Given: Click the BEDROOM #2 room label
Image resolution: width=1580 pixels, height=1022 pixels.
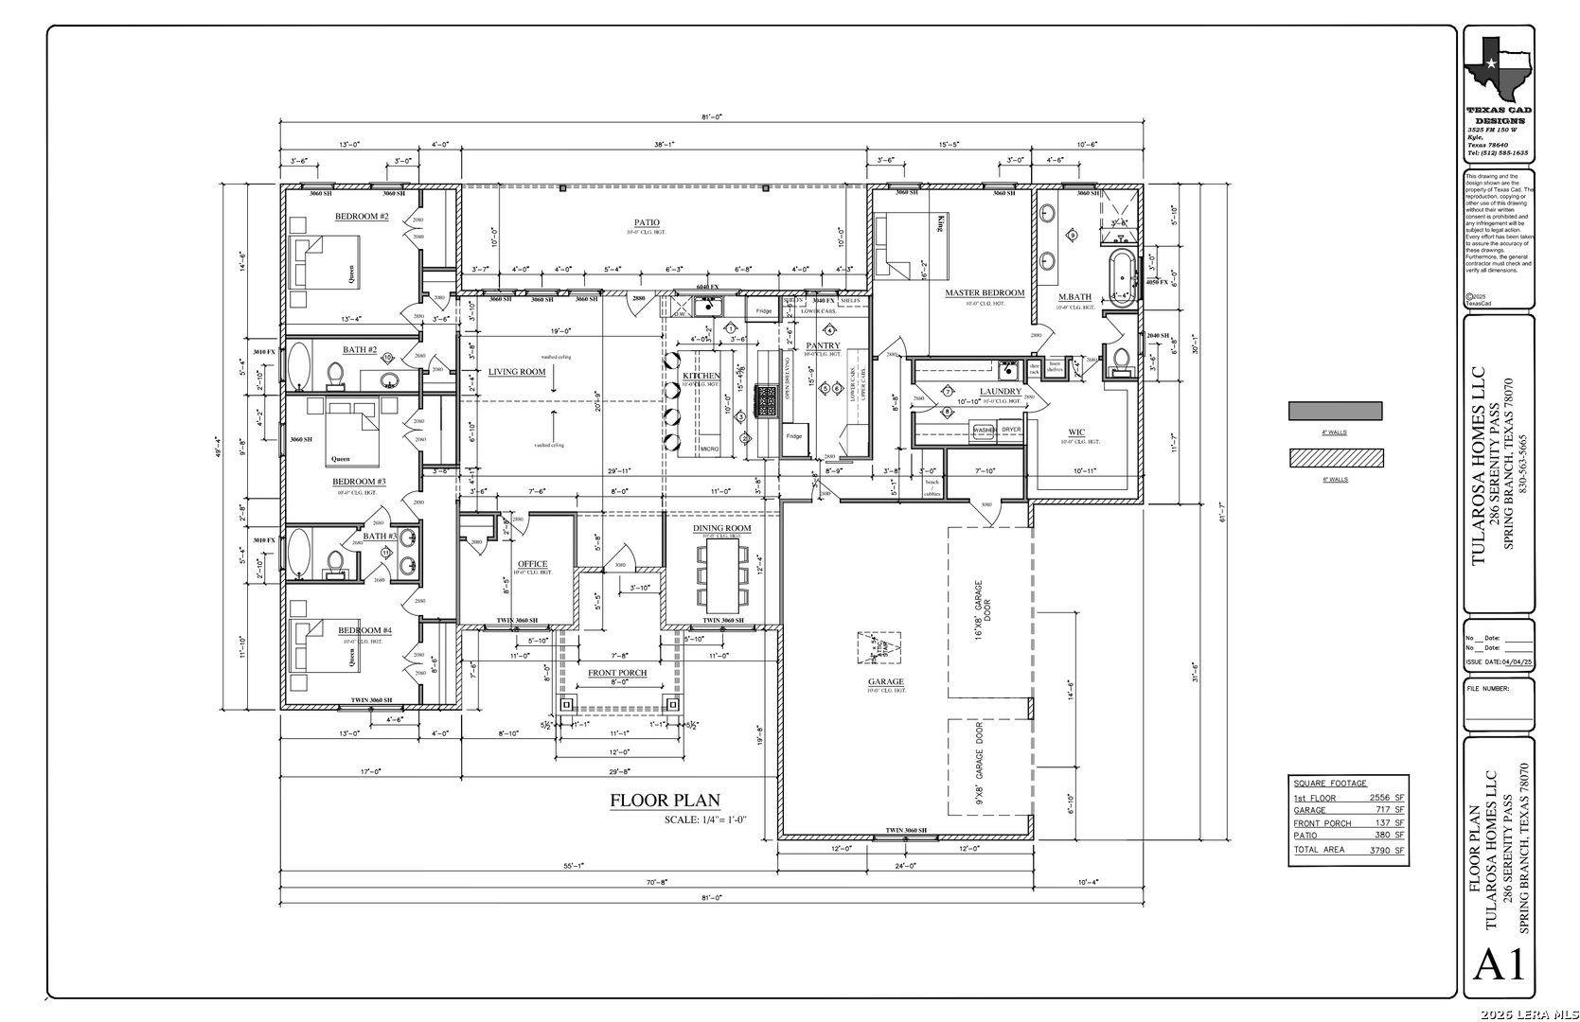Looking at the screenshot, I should [362, 217].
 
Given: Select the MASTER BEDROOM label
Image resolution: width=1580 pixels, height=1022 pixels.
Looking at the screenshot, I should [985, 293].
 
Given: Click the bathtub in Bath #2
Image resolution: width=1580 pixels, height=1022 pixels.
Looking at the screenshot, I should [300, 365].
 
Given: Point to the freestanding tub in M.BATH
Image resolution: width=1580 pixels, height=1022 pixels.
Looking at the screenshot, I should [1122, 275].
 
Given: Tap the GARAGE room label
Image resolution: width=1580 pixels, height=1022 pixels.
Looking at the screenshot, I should [886, 681].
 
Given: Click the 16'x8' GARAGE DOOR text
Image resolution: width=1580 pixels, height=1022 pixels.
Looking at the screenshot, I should [979, 610].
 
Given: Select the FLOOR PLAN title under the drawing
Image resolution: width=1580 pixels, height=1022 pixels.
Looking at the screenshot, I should [665, 802].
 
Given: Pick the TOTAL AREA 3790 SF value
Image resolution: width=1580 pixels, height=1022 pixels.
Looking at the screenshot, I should [1387, 850].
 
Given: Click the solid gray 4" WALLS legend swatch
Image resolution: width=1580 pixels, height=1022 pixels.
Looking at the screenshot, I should [1335, 412].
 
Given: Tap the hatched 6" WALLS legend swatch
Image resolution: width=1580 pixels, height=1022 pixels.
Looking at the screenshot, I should [1335, 458].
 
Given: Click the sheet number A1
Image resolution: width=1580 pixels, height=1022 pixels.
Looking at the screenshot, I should [1500, 965].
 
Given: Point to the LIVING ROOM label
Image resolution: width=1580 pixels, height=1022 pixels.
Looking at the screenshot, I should [517, 372].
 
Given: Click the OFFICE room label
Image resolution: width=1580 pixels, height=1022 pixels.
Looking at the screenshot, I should [532, 564].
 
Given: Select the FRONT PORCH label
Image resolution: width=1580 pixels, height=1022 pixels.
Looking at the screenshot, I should [617, 673].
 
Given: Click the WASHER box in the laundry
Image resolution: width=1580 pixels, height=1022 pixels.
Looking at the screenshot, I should [984, 431].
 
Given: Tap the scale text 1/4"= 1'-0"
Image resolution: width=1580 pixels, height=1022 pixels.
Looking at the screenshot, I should [705, 819].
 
